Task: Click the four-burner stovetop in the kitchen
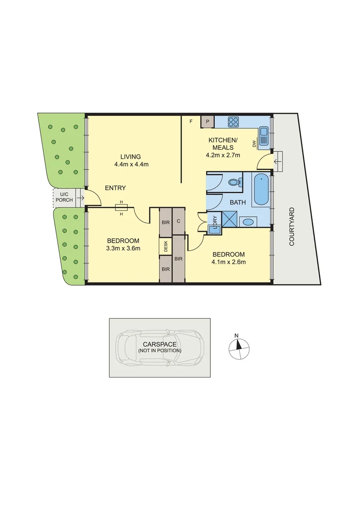click(234, 122)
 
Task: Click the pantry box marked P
click(207, 122)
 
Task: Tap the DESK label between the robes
click(165, 246)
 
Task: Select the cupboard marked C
click(179, 221)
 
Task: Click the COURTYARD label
click(292, 226)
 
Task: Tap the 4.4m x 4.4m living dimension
click(131, 164)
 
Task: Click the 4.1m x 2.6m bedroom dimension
click(229, 262)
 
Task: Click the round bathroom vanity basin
click(248, 222)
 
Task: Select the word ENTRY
click(115, 188)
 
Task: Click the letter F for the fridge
click(191, 122)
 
